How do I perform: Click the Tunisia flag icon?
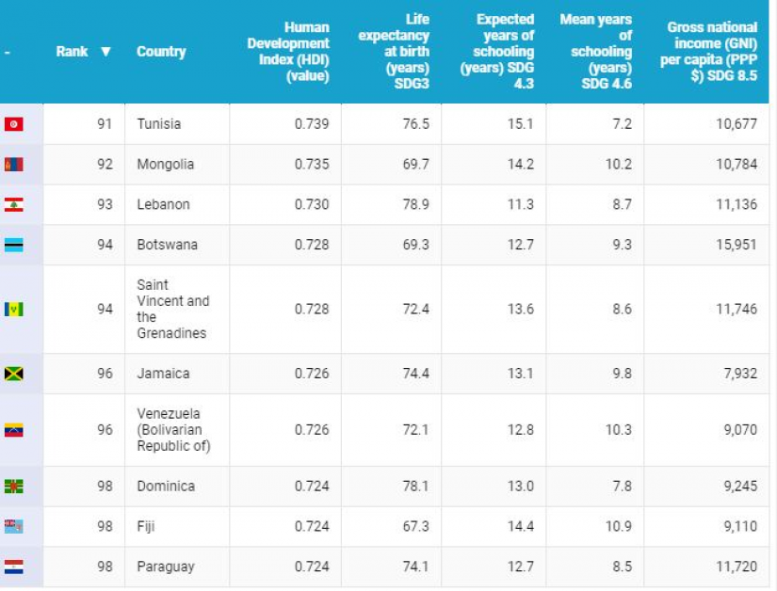(x=13, y=124)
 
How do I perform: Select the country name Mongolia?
(x=165, y=165)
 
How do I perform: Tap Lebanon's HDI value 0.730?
(x=312, y=205)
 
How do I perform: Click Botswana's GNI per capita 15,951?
(x=736, y=245)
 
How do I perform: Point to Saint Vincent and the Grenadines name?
(x=172, y=309)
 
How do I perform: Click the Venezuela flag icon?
(x=13, y=430)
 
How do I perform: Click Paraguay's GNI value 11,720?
(x=736, y=567)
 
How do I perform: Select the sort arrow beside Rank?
(x=105, y=52)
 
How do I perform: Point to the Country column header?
(x=161, y=52)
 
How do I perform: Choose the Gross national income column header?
(x=711, y=52)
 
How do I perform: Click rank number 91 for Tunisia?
(x=105, y=124)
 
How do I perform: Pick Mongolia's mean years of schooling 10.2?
(x=618, y=165)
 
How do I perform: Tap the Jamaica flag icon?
(x=13, y=374)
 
